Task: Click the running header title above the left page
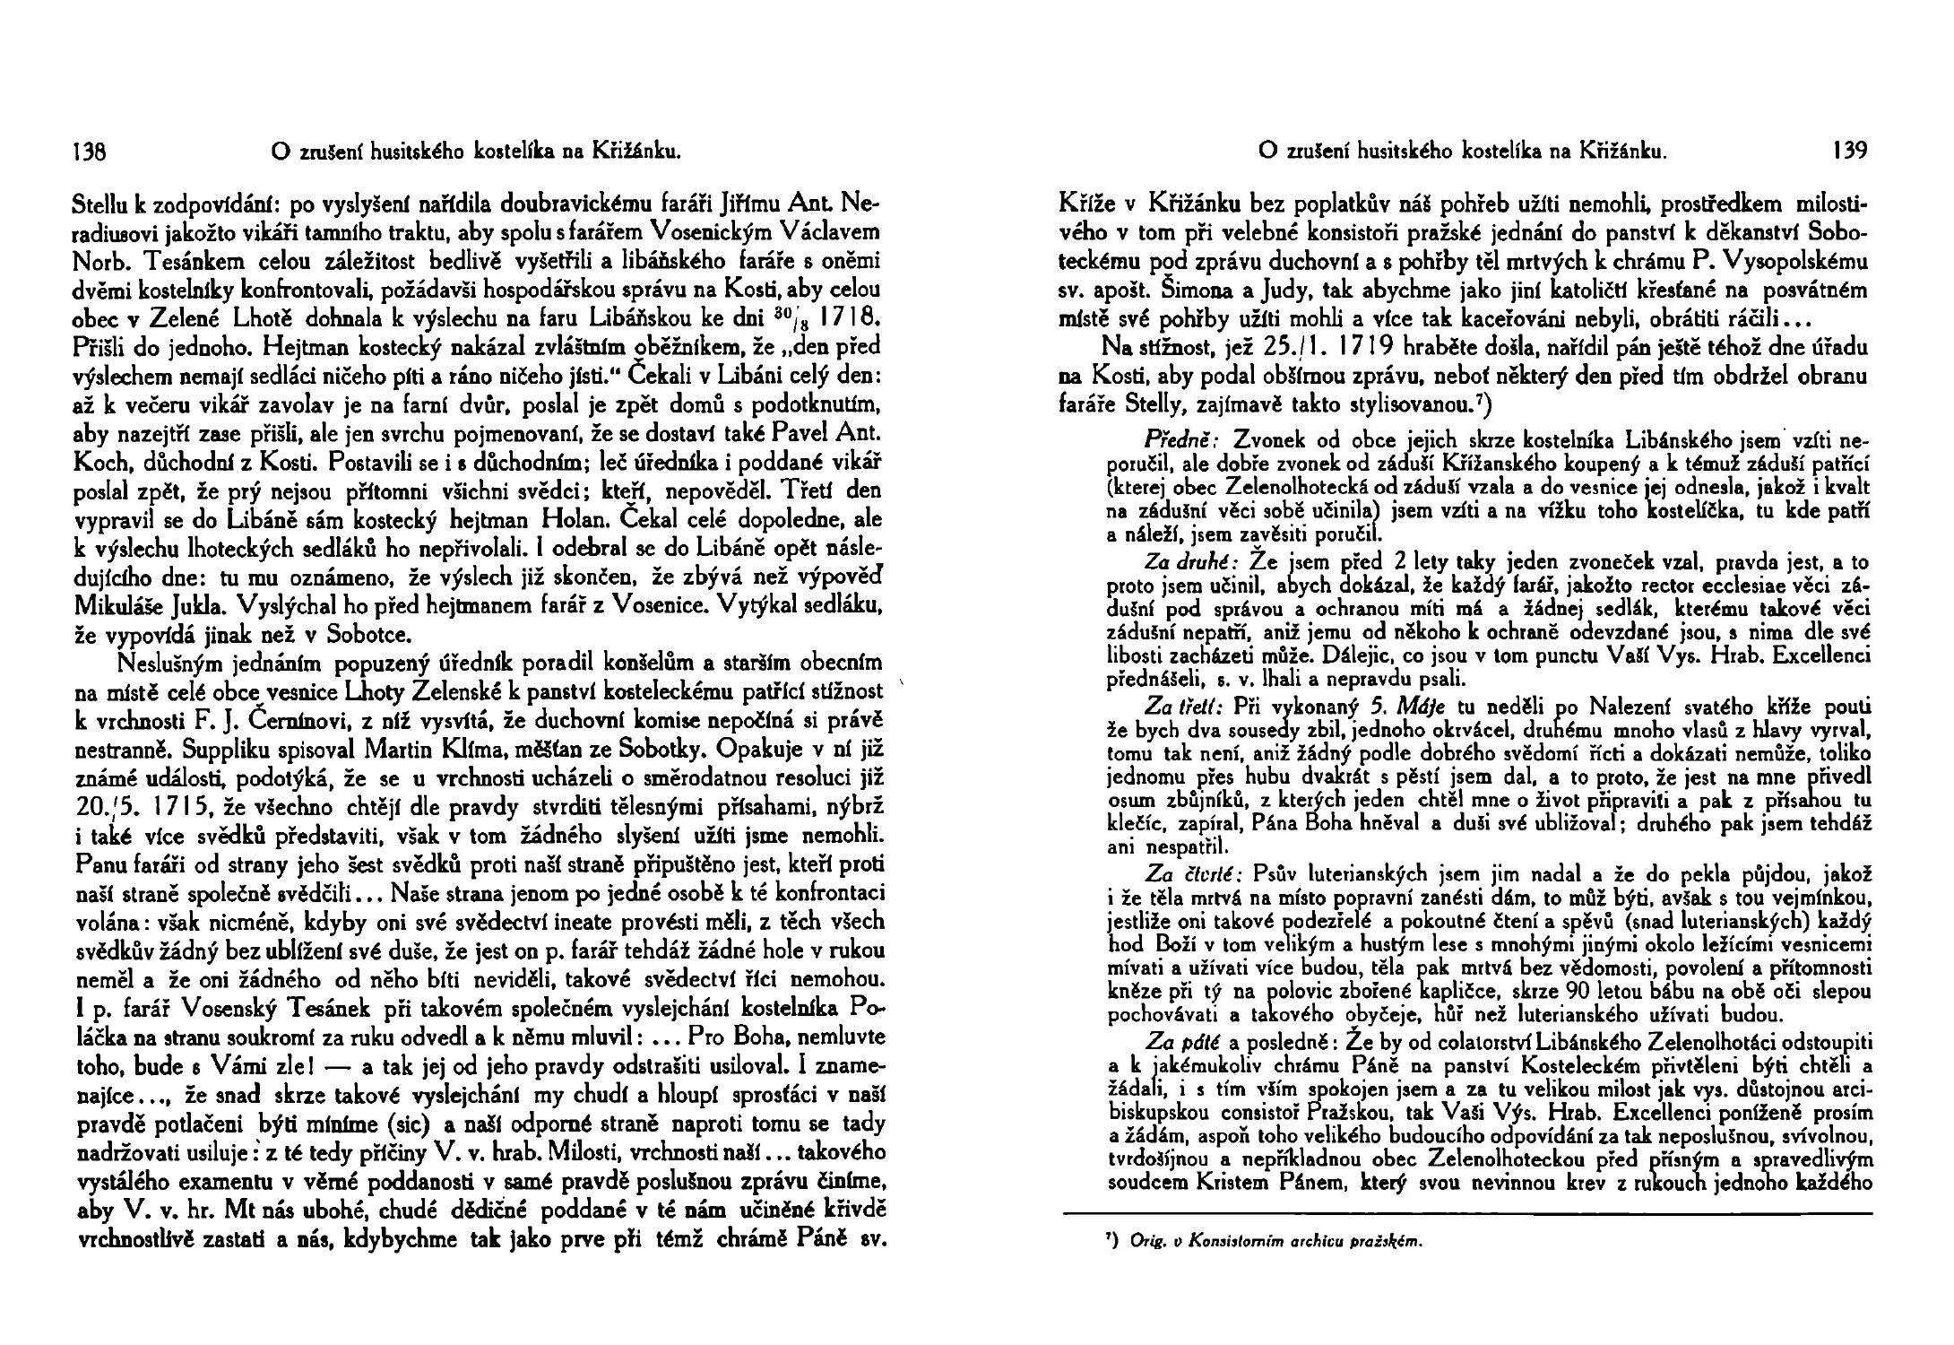tap(471, 152)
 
